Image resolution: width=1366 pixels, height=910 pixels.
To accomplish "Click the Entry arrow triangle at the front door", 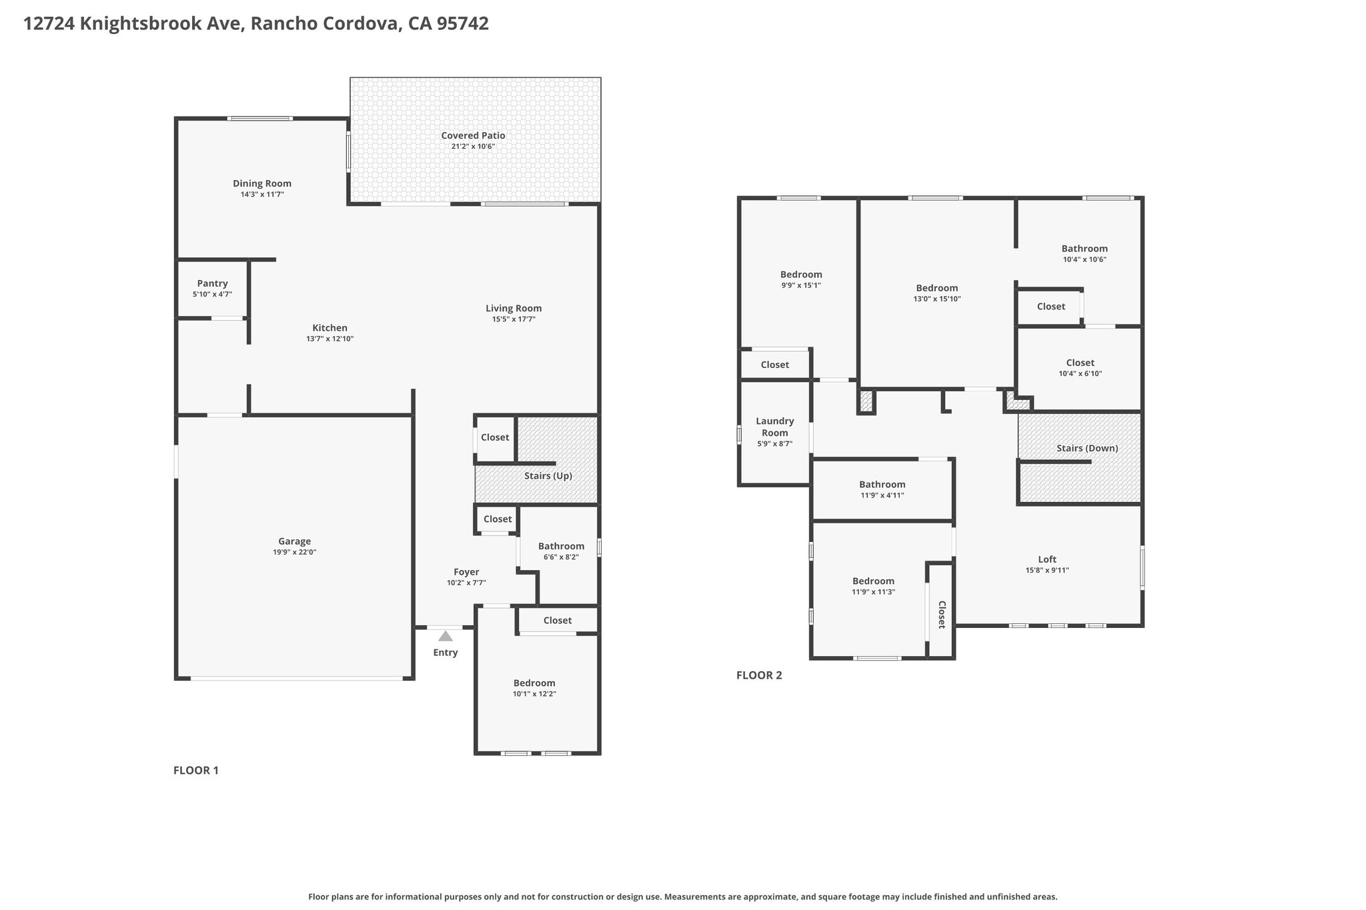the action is [x=445, y=636].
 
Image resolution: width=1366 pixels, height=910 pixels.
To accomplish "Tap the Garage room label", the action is [x=294, y=541].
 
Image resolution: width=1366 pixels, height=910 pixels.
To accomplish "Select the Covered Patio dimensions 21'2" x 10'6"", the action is [x=473, y=147].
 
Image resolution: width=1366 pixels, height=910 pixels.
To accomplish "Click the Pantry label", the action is [x=212, y=283].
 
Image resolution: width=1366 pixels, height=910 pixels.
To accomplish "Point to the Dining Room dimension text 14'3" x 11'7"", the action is [x=262, y=195].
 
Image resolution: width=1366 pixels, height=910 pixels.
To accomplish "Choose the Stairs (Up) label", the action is [x=548, y=476].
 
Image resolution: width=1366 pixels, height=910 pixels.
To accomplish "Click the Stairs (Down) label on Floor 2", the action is [x=1087, y=448].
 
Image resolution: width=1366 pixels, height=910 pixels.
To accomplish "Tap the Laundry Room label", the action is [x=775, y=427].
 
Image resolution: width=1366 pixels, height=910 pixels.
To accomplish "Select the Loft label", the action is [x=1047, y=559].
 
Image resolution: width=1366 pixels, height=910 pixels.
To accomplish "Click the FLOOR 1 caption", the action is [x=196, y=771].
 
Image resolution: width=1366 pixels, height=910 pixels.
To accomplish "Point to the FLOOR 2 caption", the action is [x=759, y=675].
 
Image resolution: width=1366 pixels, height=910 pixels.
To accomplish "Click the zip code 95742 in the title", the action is [x=463, y=24].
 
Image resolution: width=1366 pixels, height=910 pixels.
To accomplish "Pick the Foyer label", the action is [x=466, y=572].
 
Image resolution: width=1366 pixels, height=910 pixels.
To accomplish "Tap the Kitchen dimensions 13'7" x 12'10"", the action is [x=330, y=339].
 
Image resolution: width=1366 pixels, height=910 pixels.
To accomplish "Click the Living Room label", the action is [x=514, y=309].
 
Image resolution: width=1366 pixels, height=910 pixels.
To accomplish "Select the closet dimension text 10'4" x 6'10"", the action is [x=1081, y=374].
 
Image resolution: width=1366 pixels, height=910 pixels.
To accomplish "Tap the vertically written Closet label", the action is [x=942, y=615].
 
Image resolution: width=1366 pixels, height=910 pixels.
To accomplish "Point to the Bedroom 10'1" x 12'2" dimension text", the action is [x=534, y=694].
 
